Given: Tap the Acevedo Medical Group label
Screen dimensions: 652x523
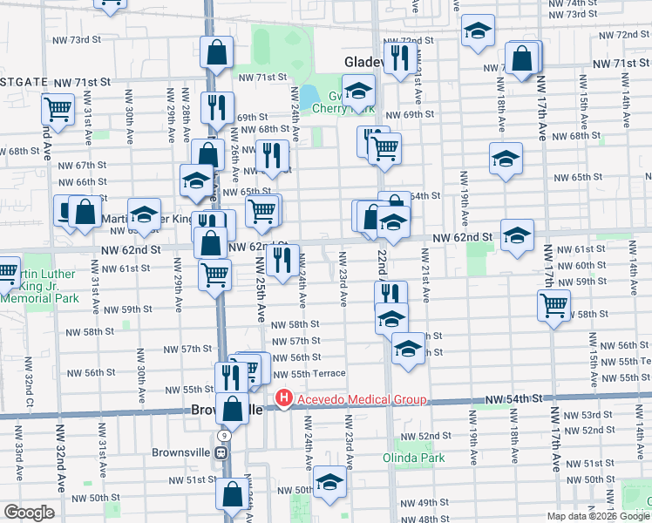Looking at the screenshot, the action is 359,399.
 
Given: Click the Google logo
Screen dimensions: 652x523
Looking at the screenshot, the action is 29,513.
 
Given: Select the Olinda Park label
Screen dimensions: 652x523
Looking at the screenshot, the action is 414,458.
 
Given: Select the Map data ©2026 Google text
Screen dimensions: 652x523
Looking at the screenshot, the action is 598,516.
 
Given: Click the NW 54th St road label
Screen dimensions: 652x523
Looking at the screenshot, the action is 514,397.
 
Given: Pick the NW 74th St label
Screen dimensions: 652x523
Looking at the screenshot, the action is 598,3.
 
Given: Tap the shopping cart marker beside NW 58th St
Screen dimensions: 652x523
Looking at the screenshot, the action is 554,304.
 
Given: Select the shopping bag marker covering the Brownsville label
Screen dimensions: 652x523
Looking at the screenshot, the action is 233,407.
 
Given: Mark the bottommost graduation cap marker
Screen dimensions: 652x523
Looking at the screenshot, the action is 329,481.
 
